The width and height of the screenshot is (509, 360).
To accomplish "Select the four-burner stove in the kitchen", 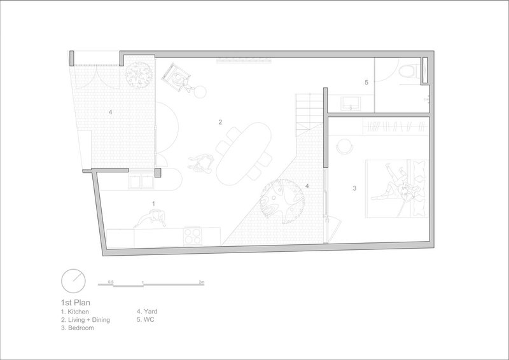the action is point(193,236).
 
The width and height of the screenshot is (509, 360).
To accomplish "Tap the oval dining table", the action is point(244,153).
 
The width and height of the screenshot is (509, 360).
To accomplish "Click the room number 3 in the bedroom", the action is point(354,188).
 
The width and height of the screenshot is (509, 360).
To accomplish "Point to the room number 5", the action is point(366,83).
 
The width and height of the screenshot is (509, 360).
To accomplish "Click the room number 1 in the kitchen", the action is point(153,204).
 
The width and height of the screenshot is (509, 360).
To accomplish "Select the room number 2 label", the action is point(220,122).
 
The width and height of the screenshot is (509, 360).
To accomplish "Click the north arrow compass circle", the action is point(73,280).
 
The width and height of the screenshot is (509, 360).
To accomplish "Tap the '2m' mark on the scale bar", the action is point(202,282).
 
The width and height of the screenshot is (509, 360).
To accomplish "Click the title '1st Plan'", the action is point(76,303).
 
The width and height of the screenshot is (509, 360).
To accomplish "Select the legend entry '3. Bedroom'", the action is point(78,328).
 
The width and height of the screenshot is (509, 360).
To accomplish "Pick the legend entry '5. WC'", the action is point(146,319).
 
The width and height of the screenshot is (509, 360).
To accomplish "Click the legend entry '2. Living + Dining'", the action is point(85,320).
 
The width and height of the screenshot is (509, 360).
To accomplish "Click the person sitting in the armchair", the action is point(180,81).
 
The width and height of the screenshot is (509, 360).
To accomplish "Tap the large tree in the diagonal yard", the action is point(281,201).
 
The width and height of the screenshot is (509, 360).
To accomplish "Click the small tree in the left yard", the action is point(139,74).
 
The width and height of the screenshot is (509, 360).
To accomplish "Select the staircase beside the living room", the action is point(309,115).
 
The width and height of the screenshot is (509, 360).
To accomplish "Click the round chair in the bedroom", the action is point(344,146).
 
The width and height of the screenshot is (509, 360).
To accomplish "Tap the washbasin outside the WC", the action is point(351,103).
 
